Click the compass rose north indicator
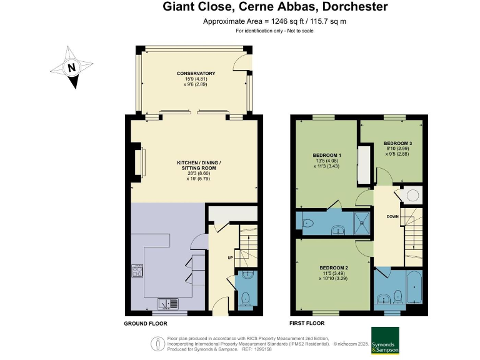[72, 67]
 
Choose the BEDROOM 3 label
[397, 143]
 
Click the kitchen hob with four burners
[137, 271]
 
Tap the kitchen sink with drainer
[169, 304]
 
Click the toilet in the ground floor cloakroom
[246, 297]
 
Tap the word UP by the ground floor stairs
[229, 256]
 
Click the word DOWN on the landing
[392, 217]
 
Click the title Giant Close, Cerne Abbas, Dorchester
[275, 7]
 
